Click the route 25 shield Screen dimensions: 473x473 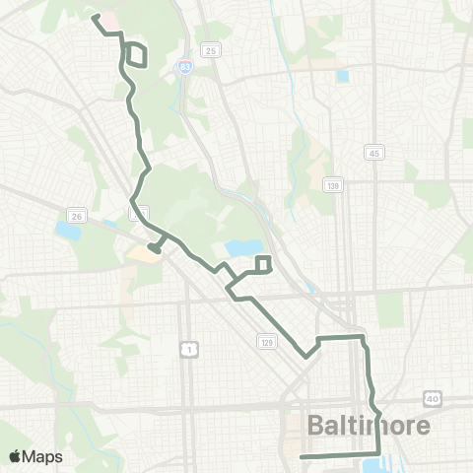click(x=210, y=49)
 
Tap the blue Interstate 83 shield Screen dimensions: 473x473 click(x=184, y=66)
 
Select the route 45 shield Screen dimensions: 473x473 click(x=373, y=152)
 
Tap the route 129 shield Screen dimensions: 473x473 click(x=267, y=341)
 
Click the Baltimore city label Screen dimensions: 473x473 click(x=370, y=426)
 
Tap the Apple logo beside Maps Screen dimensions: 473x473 click(x=15, y=456)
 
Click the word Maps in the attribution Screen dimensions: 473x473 click(x=42, y=456)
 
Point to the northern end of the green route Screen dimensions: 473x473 click(x=94, y=17)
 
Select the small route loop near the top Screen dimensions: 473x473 click(x=138, y=56)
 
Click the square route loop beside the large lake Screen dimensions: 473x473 click(x=263, y=263)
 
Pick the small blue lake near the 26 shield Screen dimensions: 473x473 click(x=68, y=231)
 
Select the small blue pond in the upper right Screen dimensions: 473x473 click(x=342, y=76)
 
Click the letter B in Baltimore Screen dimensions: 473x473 click(x=317, y=426)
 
